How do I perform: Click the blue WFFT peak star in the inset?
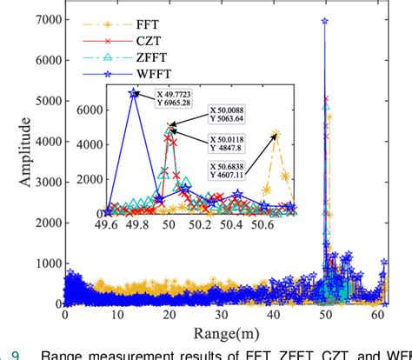[x=133, y=92]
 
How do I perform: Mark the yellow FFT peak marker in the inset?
[x=276, y=135]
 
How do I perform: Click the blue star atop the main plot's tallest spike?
[x=324, y=21]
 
